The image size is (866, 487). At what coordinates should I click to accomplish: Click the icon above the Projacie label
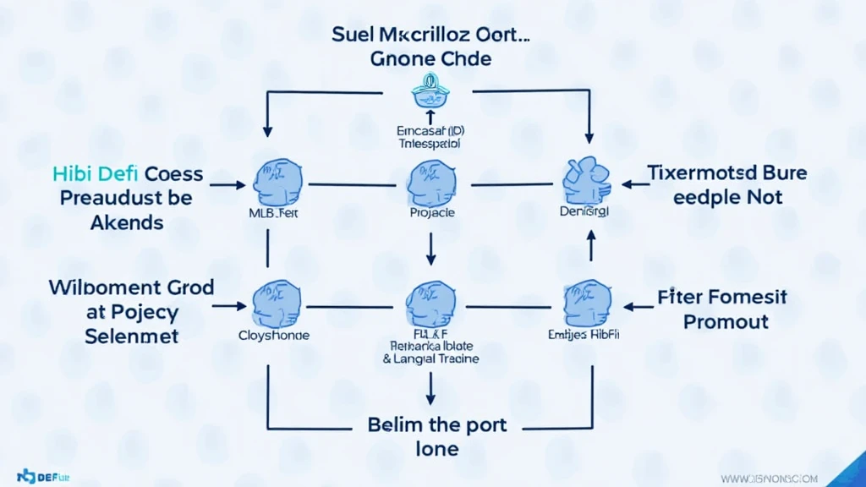click(x=431, y=183)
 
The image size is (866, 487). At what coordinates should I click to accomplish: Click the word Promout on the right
click(x=726, y=321)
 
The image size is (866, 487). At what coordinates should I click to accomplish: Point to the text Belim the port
click(x=437, y=423)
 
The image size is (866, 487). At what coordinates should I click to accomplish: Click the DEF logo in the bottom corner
click(x=36, y=476)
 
